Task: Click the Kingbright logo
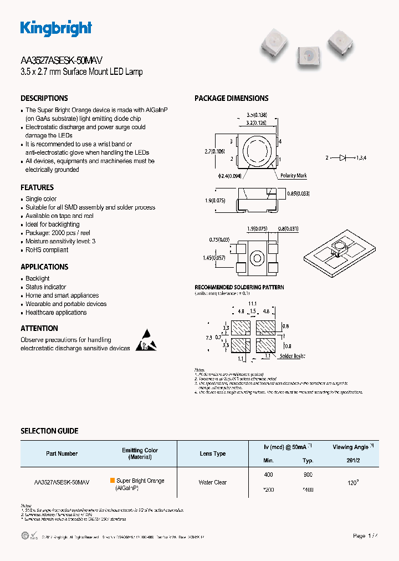coord(56,28)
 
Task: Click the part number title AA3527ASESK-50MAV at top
coord(62,60)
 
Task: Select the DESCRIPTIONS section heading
coord(44,98)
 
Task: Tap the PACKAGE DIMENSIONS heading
coord(231,98)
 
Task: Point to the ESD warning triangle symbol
coord(146,341)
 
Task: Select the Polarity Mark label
coord(293,176)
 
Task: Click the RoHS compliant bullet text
coord(47,250)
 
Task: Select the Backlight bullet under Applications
coord(38,278)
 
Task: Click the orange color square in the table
coord(112,481)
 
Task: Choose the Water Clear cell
coord(213,482)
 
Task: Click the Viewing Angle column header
coord(352,447)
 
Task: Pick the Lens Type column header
coord(213,453)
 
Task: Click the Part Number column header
coord(62,453)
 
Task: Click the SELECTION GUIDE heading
coord(49,431)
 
